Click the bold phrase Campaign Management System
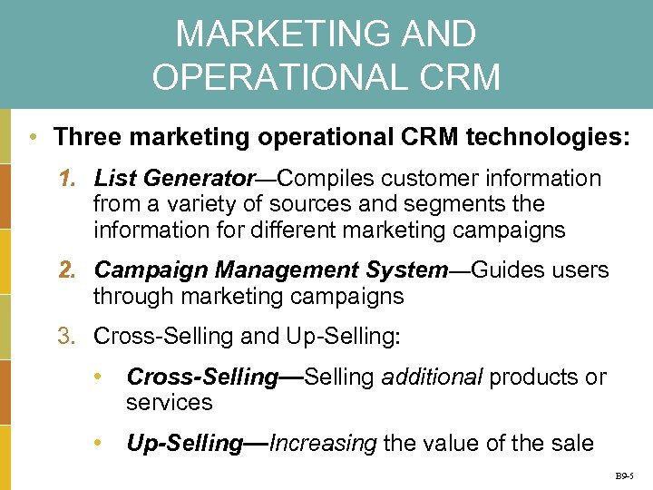[x=271, y=270]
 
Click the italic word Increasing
[x=324, y=444]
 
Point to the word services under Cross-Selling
[x=169, y=403]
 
